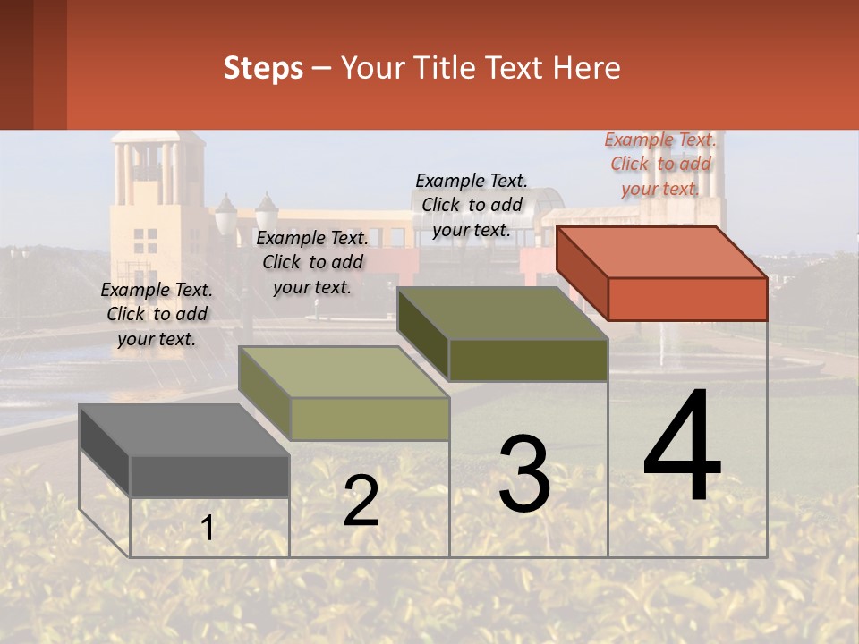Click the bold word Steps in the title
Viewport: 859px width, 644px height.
(263, 68)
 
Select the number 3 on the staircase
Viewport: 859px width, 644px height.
(524, 474)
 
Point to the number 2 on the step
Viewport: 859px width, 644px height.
(361, 501)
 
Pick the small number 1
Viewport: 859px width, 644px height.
(208, 528)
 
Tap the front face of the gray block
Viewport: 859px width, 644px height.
(209, 477)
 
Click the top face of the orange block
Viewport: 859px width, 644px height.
(662, 251)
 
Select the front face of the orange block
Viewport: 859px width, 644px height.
(687, 299)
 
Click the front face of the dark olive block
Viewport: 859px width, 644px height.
(528, 360)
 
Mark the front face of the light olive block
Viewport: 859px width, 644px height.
(370, 419)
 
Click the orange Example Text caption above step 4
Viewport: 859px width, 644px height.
(660, 164)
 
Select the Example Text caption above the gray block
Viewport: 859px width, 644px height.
(157, 314)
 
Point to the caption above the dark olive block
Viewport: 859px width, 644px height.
(472, 205)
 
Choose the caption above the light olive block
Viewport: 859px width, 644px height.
(312, 262)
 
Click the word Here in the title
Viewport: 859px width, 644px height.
(586, 68)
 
